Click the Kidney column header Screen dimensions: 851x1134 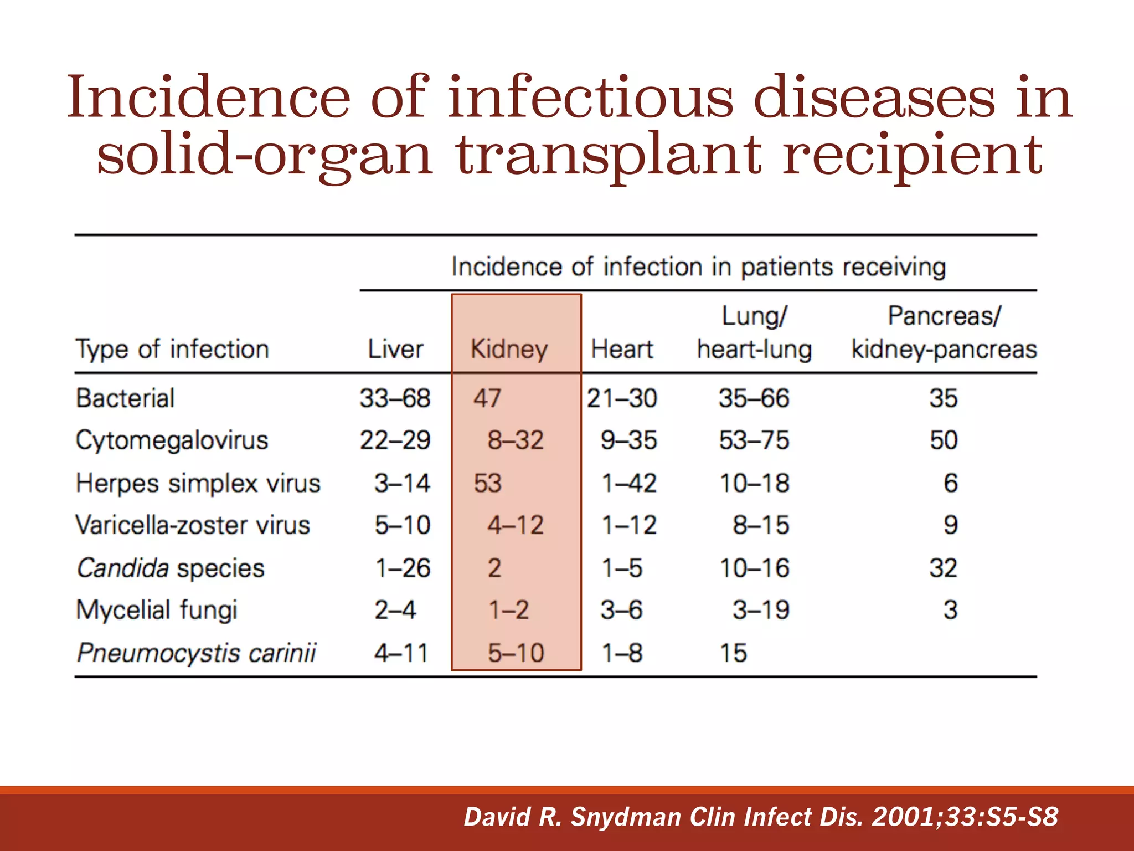point(509,350)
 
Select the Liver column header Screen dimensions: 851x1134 point(395,350)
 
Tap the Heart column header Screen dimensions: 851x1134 point(622,350)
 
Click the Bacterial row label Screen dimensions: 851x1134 point(126,398)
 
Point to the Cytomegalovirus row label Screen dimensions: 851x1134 point(172,440)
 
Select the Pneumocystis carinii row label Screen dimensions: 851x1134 point(197,653)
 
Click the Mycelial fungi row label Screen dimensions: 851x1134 point(157,610)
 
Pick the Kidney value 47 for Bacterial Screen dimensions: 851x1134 point(487,398)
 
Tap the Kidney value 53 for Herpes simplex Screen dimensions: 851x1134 point(487,483)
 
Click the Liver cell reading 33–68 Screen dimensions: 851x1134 point(395,398)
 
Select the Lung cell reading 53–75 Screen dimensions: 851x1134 point(754,440)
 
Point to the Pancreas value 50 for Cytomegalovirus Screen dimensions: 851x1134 point(944,440)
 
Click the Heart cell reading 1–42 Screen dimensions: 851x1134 point(629,483)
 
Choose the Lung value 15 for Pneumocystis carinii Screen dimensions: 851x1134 point(733,653)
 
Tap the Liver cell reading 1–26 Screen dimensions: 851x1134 point(403,568)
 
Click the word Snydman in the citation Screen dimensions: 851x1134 point(626,817)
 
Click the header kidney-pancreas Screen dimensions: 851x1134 point(944,350)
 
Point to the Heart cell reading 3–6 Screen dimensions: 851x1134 point(622,610)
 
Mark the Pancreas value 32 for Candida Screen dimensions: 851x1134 point(944,568)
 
